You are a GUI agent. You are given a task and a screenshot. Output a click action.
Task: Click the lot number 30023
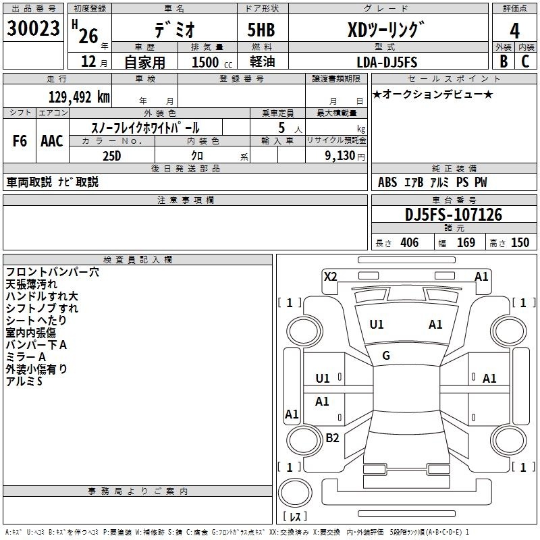click(x=33, y=28)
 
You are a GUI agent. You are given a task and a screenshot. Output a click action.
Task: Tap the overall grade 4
click(x=514, y=31)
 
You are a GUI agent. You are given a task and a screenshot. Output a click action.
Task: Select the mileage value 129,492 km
click(x=79, y=97)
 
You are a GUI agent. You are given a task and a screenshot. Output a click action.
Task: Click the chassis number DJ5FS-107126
click(x=454, y=215)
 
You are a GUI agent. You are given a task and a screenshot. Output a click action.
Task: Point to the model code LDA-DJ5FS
click(x=387, y=62)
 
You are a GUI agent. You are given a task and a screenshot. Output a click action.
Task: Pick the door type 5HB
click(x=261, y=30)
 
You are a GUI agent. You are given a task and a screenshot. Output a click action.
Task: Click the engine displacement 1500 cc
click(x=212, y=62)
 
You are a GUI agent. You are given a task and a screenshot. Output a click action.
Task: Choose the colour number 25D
click(x=112, y=156)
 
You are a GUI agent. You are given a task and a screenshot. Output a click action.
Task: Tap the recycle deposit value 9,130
click(x=340, y=156)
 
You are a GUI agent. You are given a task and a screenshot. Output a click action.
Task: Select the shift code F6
click(x=20, y=141)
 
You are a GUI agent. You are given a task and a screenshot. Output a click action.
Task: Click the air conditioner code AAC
click(x=52, y=141)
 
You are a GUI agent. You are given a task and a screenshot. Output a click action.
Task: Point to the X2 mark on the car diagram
click(x=330, y=277)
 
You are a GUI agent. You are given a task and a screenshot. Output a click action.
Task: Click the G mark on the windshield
click(x=386, y=356)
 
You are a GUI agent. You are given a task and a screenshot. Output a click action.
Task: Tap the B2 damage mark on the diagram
click(x=332, y=437)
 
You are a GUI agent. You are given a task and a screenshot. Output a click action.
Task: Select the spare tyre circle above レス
click(x=295, y=493)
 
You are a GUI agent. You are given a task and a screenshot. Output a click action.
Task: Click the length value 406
click(x=410, y=242)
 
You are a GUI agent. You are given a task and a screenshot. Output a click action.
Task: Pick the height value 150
click(x=520, y=242)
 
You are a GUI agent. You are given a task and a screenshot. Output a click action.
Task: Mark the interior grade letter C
click(x=525, y=61)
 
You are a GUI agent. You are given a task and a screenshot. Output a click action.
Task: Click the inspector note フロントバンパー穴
click(x=53, y=272)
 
